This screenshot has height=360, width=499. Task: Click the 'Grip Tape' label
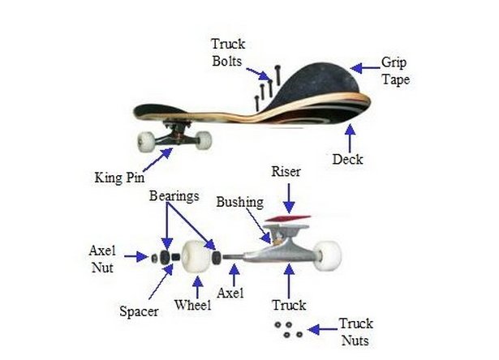(x=395, y=71)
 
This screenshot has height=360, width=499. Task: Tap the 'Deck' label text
(x=347, y=160)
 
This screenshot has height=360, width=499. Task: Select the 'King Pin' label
(x=119, y=178)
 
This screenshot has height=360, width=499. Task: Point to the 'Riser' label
(x=286, y=172)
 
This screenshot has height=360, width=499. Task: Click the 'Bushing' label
(x=240, y=202)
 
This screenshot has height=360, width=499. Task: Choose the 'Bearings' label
(x=174, y=196)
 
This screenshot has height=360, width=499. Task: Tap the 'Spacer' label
(x=139, y=311)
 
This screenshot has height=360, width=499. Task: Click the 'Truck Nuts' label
(x=355, y=332)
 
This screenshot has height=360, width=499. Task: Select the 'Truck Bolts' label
(x=228, y=53)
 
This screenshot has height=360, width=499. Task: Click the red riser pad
(x=288, y=218)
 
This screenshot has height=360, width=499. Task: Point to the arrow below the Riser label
(x=289, y=198)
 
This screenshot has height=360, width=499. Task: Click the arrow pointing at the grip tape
(x=365, y=68)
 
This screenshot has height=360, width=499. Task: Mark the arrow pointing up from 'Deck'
(x=350, y=138)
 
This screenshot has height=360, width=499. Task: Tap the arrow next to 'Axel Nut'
(x=136, y=256)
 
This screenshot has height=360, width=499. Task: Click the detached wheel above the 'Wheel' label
(x=196, y=257)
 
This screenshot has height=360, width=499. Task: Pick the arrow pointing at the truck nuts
(x=323, y=329)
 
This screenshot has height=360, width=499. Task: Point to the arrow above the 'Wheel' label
(x=198, y=287)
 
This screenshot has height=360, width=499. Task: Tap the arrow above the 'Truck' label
(x=289, y=281)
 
